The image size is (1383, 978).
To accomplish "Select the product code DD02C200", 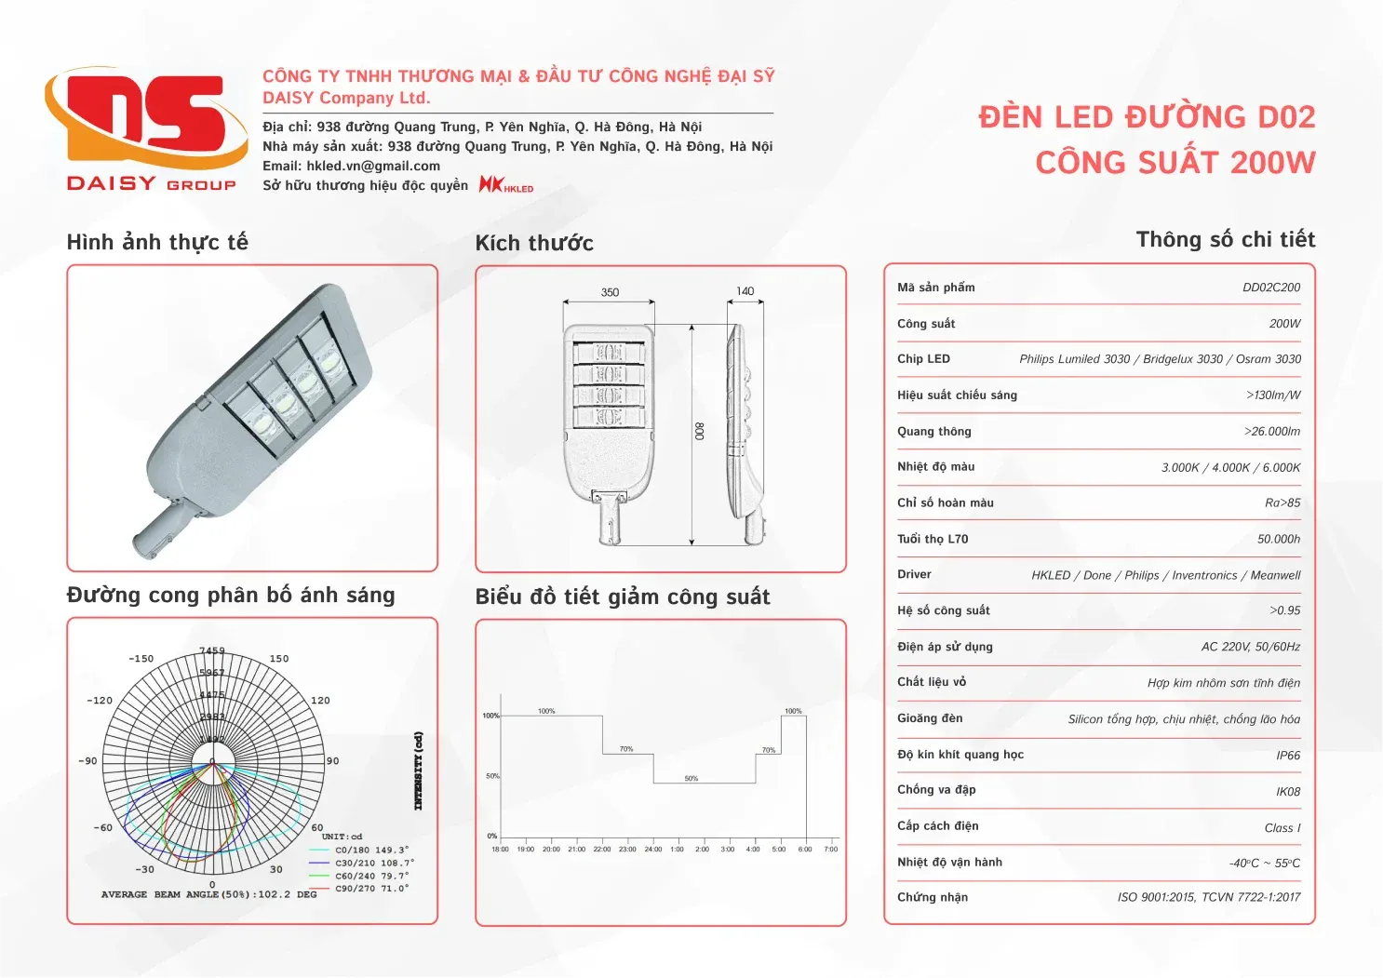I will tap(1270, 288).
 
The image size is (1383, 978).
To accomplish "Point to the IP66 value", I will tap(1288, 756).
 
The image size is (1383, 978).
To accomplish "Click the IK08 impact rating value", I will tap(1288, 792).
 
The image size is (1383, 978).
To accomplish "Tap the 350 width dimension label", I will tap(610, 292).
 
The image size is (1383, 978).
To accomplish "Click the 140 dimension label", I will tap(745, 291).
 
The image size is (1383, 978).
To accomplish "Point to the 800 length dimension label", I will tap(700, 431).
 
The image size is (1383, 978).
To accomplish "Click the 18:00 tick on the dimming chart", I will tap(500, 849).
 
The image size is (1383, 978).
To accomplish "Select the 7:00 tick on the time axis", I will tap(831, 849).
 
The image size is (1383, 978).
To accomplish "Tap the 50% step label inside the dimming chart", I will tap(691, 778).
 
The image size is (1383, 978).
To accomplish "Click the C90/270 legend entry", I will tap(370, 889).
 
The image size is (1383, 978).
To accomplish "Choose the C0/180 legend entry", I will tap(370, 850).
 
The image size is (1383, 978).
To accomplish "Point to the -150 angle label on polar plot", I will tap(141, 659).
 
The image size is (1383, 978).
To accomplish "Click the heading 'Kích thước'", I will tap(534, 244).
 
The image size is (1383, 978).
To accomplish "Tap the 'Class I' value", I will tap(1282, 828).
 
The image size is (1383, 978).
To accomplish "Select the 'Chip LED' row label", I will tap(923, 359).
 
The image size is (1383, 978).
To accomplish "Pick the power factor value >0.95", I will tap(1284, 610).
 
